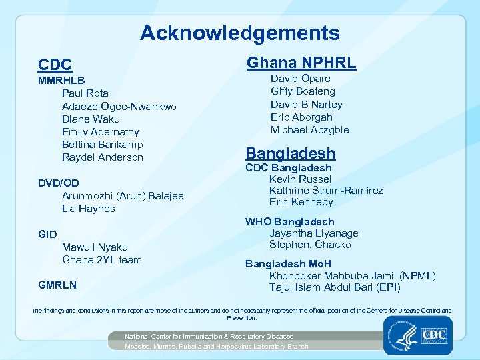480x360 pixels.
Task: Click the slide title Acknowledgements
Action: [240, 33]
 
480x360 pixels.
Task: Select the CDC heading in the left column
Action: [55, 65]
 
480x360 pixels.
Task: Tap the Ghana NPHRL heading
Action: [301, 63]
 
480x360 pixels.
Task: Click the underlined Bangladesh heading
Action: [291, 153]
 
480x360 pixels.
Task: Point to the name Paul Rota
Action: [85, 93]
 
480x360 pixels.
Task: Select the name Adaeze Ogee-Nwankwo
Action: [119, 107]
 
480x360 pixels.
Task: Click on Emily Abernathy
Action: [101, 132]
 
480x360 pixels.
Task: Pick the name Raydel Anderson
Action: [103, 157]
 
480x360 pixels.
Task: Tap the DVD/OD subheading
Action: [59, 183]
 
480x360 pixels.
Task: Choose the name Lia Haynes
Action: [89, 209]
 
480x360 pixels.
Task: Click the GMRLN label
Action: [57, 285]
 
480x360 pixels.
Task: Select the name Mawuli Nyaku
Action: [95, 247]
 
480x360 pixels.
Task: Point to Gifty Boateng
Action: [303, 91]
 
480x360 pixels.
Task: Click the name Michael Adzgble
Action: [309, 130]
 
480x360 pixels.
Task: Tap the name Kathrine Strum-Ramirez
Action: [326, 191]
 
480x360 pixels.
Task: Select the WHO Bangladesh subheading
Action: [290, 222]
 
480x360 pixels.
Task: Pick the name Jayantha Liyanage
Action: [314, 233]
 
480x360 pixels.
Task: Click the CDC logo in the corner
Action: [435, 334]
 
